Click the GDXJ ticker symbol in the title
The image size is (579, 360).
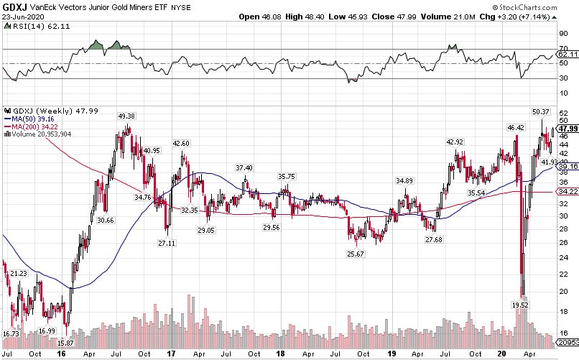tap(14, 6)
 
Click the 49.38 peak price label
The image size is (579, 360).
tap(126, 116)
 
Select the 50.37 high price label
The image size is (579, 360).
tap(540, 111)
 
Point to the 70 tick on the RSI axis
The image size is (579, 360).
tap(562, 48)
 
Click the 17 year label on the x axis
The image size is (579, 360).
tap(171, 354)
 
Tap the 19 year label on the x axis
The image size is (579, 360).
tap(392, 354)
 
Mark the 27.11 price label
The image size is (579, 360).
tap(166, 244)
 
